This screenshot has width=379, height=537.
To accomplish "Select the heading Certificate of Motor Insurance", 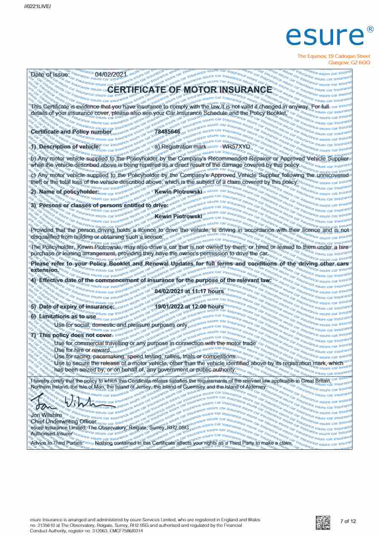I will pos(189,90).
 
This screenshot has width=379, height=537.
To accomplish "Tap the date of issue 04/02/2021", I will pos(111,74).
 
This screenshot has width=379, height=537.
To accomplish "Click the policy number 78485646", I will pos(167,131).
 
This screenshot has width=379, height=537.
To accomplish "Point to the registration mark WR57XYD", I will pos(237,147).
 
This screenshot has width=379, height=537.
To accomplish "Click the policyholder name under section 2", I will pos(178,192).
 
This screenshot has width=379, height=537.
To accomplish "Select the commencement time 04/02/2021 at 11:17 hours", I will pos(189,291).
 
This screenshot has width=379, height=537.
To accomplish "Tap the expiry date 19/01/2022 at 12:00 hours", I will pos(189,306).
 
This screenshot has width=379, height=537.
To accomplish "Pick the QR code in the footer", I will pos(323,522).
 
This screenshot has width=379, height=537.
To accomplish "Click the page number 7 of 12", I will pos(348,521).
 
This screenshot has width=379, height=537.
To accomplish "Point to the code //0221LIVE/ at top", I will pos(38,6).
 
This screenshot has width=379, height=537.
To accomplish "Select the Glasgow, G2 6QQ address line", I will pos(349,63).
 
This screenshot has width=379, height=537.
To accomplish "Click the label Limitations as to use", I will pos(67,317).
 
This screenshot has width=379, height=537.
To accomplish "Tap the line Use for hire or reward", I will pos(82,350).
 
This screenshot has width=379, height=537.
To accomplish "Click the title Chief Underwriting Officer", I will pos(64,421).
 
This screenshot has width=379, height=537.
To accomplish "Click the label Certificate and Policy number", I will pos(71,131).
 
